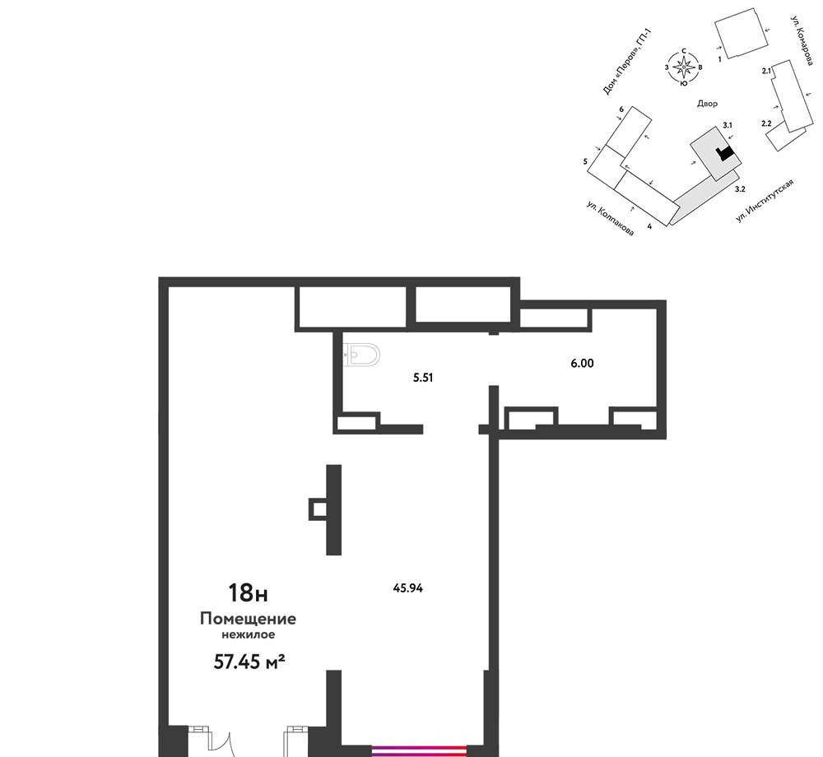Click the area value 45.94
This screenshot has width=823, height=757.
pos(408,588)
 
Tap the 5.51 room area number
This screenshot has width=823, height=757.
pos(423,378)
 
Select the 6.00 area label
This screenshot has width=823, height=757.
pos(582,363)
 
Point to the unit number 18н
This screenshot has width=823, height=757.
pos(248,592)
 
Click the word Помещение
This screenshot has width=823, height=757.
pos(248,619)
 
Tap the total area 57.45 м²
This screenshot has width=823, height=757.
pos(249,662)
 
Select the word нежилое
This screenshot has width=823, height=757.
pos(248,634)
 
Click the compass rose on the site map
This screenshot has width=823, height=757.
pos(683,67)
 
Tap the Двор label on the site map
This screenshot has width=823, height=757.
pos(707,104)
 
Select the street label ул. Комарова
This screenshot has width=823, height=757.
pos(802,40)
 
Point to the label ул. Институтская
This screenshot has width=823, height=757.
pos(765,200)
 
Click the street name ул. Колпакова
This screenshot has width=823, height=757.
pos(610,218)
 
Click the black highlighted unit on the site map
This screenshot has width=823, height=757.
pos(725,153)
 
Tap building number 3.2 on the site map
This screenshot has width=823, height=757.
pos(740,189)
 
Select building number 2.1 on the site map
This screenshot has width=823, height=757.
pos(766,71)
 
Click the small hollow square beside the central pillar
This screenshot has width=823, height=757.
pos(318,509)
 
